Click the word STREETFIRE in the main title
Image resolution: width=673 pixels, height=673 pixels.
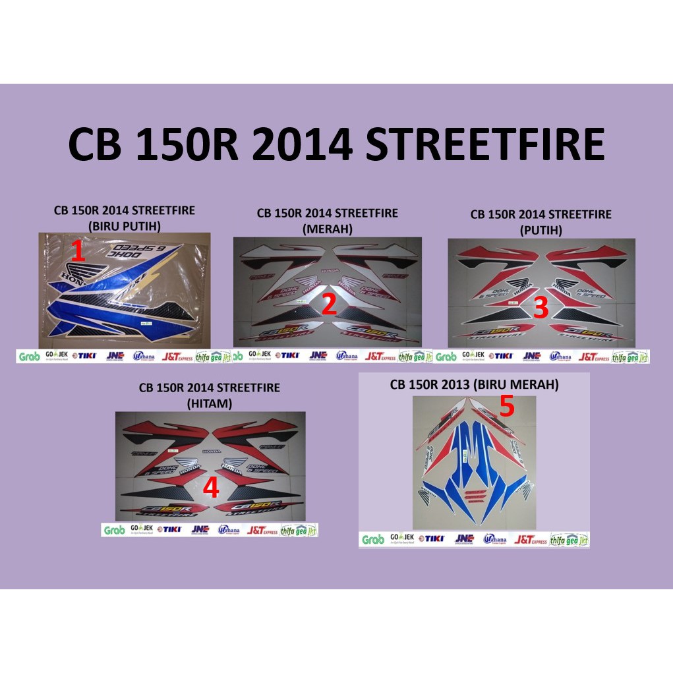485,146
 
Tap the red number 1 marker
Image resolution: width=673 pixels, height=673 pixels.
79,252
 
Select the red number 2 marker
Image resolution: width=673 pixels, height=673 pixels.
329,305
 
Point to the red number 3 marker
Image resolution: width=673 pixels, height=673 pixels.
541,307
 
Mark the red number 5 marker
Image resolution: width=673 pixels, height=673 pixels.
506,407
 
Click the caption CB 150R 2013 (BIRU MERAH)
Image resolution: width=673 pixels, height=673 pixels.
474,385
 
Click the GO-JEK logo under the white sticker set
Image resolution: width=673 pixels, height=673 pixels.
475,356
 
